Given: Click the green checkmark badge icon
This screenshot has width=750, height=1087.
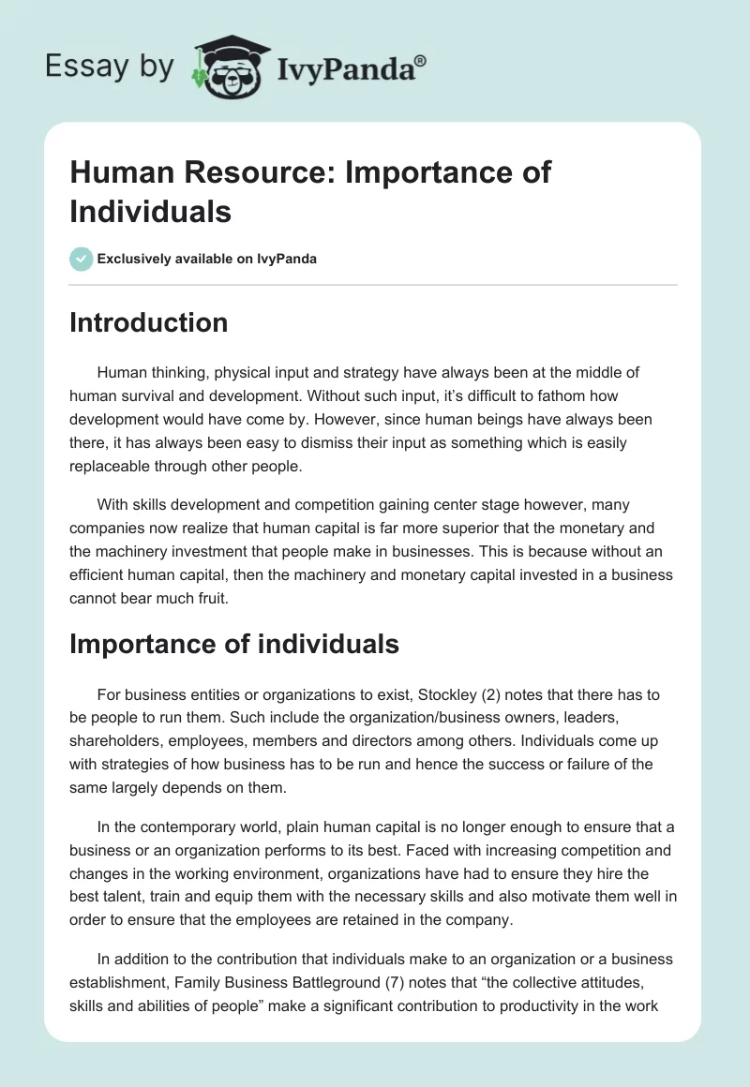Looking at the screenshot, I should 82,259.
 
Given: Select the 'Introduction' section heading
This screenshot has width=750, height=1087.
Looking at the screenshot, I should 149,322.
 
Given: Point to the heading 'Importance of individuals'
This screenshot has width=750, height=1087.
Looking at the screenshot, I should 234,644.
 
